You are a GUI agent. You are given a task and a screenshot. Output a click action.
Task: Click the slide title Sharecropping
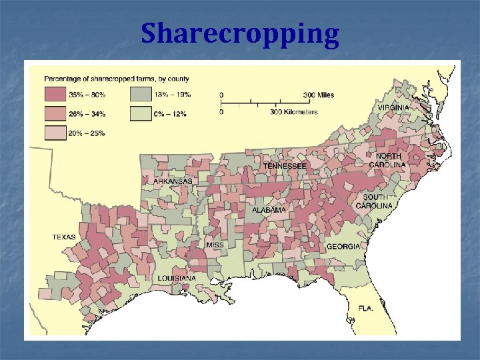240,33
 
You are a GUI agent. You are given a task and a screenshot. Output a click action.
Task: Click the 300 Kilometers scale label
293,112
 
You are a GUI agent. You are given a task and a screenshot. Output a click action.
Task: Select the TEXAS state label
64,237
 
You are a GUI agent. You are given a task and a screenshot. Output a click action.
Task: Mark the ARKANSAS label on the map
173,181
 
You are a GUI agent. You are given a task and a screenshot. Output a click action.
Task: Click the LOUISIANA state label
177,278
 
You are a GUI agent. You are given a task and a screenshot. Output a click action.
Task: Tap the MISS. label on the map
216,245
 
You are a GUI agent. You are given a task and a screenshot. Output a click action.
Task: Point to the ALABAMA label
269,210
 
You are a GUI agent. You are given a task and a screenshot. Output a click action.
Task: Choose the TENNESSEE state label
285,165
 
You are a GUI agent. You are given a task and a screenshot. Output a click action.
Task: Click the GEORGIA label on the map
343,247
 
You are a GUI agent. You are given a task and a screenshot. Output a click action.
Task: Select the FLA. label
365,309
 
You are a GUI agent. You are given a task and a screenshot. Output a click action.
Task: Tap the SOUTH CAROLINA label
377,201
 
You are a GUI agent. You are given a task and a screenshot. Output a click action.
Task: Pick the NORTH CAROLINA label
389,160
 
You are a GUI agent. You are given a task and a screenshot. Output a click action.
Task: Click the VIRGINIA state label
393,107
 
